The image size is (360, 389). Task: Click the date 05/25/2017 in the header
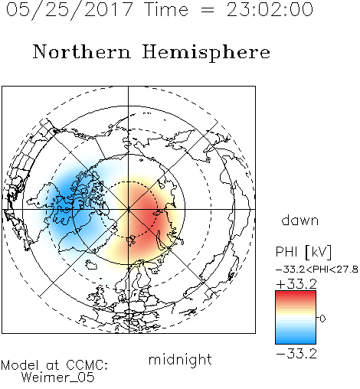pos(70,10)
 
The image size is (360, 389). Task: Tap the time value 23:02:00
pos(270,9)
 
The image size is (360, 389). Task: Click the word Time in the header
pos(166,9)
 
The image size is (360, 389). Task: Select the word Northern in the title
pos(82,51)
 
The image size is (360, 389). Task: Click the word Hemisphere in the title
pos(206,53)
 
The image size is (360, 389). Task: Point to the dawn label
pos(300,220)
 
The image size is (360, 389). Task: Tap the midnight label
pos(180,359)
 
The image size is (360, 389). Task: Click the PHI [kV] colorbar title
pos(303,252)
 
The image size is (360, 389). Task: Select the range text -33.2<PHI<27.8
pos(317,270)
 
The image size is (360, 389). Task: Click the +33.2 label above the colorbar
pos(296,284)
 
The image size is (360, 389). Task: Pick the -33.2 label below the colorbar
pos(296,354)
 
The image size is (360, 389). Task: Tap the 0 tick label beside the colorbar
pos(322,319)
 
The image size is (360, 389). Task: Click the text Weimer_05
pos(58,378)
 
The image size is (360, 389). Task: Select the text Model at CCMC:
pos(54,365)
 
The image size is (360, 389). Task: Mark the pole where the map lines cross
pos(129,210)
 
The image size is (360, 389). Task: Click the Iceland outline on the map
pos(91,264)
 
